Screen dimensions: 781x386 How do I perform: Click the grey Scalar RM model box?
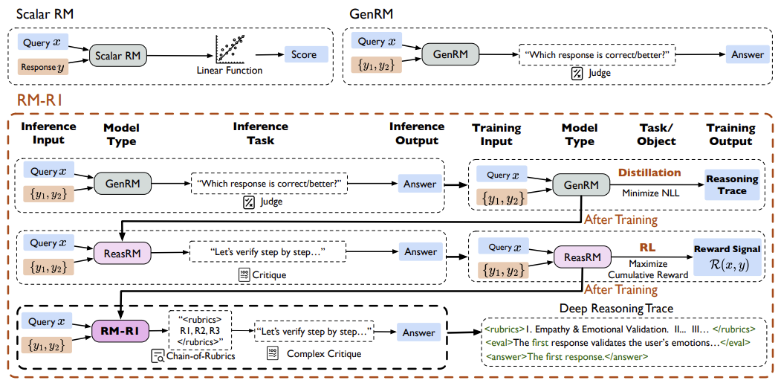pyautogui.click(x=119, y=55)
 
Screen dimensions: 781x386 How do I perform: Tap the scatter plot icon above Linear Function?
pyautogui.click(x=230, y=50)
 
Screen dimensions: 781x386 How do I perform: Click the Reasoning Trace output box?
pyautogui.click(x=732, y=184)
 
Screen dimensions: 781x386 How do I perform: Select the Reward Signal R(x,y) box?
pyautogui.click(x=727, y=257)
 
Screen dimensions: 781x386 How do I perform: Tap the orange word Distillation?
pyautogui.click(x=649, y=173)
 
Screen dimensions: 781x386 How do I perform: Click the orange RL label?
pyautogui.click(x=647, y=247)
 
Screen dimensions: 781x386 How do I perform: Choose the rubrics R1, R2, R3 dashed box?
pyautogui.click(x=198, y=331)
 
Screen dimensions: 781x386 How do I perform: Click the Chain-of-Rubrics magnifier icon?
pyautogui.click(x=158, y=356)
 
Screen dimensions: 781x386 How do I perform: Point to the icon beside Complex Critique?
pyautogui.click(x=273, y=353)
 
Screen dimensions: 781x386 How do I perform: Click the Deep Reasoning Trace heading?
pyautogui.click(x=617, y=309)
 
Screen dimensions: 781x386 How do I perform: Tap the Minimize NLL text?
pyautogui.click(x=649, y=193)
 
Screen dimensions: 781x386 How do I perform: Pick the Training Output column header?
pyautogui.click(x=730, y=135)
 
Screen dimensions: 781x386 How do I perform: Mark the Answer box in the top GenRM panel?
pyautogui.click(x=747, y=54)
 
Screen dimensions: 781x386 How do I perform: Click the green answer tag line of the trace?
pyautogui.click(x=567, y=356)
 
